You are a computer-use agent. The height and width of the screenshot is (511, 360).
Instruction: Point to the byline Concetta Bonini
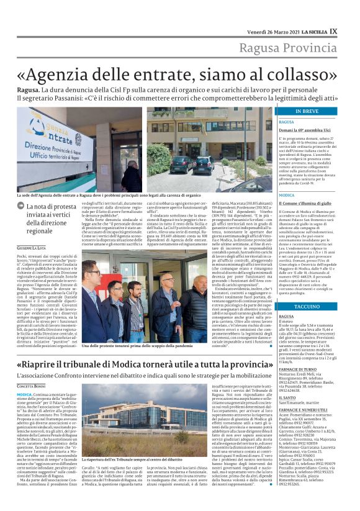click(x=37, y=386)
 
